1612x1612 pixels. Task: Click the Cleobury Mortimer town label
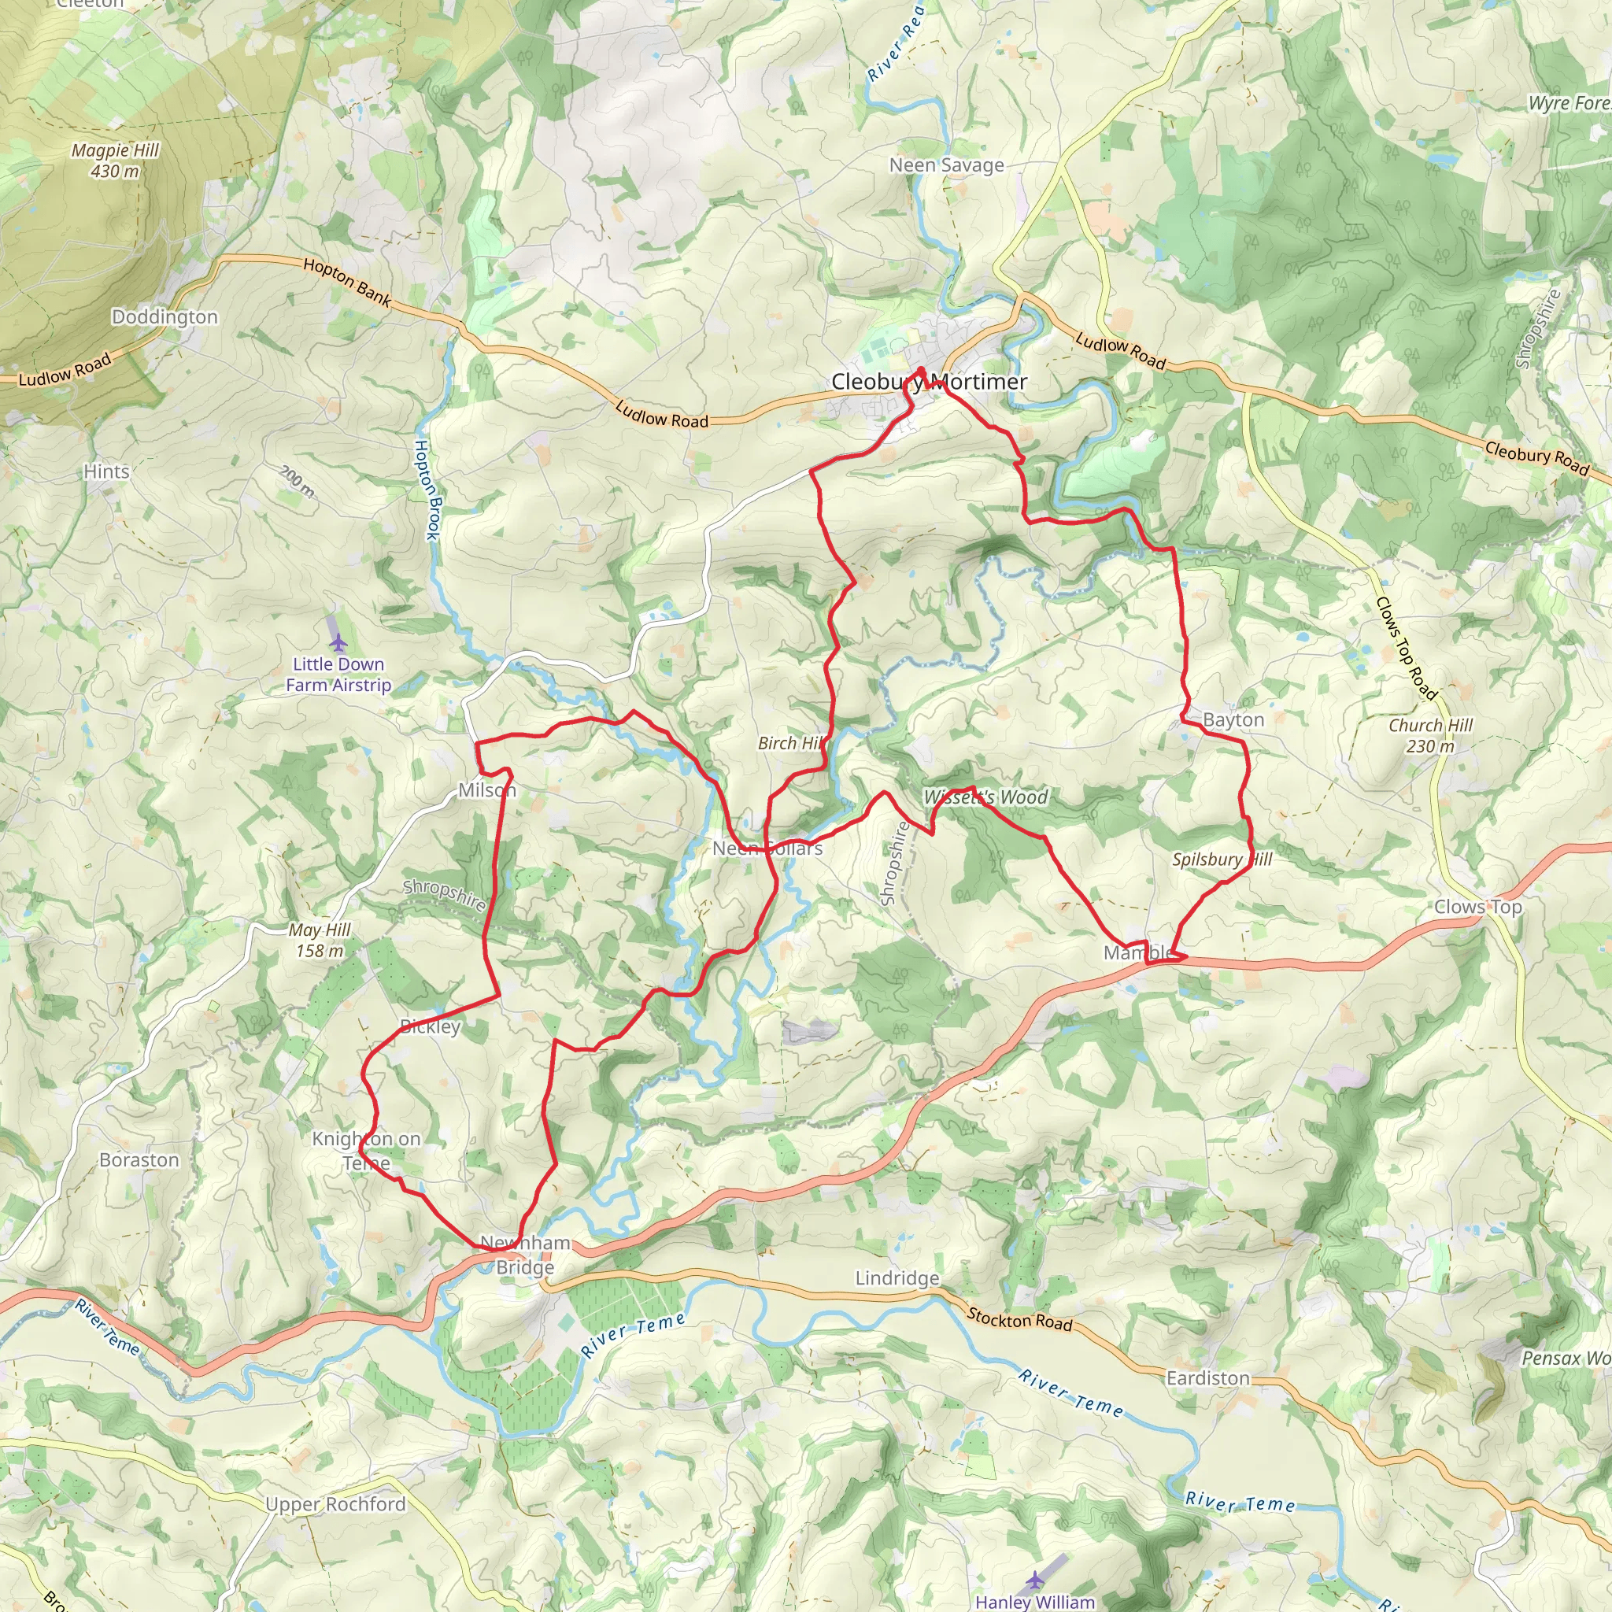[x=929, y=381]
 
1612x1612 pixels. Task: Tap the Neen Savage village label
[x=946, y=165]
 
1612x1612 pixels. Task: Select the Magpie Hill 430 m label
[x=115, y=161]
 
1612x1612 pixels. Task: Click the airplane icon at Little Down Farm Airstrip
[x=338, y=642]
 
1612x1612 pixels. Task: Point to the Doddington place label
[x=165, y=317]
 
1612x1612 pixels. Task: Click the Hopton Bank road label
[x=347, y=282]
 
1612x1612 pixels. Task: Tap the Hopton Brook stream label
[x=427, y=490]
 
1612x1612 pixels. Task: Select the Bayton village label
[x=1233, y=719]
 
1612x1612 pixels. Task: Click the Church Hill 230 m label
[x=1430, y=735]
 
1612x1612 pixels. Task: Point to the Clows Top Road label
[x=1406, y=649]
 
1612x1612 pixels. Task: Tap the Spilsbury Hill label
[x=1221, y=860]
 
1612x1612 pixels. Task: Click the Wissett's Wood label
[x=985, y=797]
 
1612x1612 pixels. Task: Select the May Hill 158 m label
[x=319, y=940]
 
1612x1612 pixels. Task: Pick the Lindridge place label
[x=897, y=1278]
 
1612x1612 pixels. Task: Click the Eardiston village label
[x=1207, y=1377]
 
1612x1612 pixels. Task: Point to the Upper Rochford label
[x=335, y=1503]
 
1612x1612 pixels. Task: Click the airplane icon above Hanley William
[x=1034, y=1579]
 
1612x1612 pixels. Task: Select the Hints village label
[x=107, y=471]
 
